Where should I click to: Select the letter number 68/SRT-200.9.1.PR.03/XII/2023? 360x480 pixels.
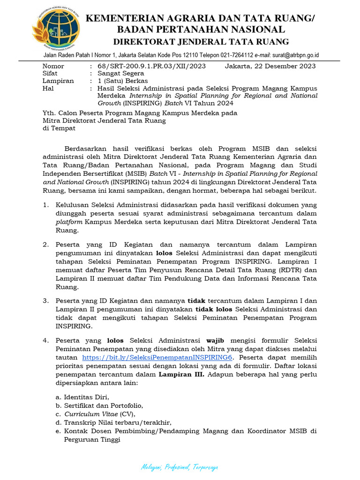[151, 66]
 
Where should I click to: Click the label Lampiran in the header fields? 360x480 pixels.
[58, 81]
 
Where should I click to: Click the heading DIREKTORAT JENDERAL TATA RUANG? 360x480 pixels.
[201, 42]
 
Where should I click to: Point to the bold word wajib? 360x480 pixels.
[217, 340]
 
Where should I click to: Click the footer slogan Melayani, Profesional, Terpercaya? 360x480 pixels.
[180, 467]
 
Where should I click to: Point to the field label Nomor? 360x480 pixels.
[53, 66]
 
